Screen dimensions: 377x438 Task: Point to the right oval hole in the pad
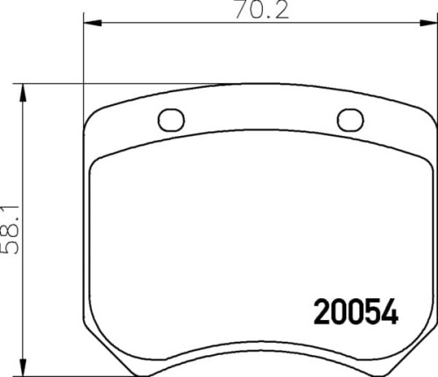point(350,118)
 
